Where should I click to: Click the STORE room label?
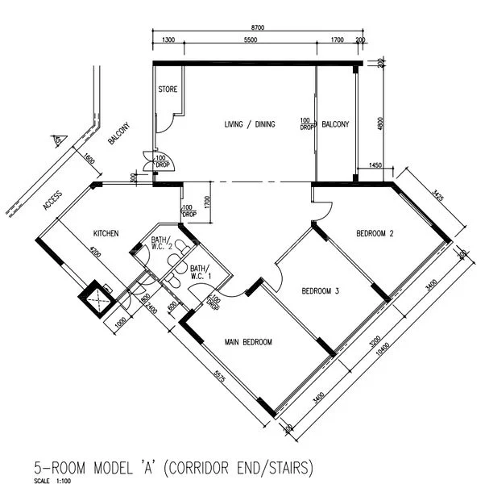(167, 90)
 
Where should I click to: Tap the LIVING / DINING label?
(249, 124)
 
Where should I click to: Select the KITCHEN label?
(106, 234)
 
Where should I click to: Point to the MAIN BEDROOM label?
(248, 342)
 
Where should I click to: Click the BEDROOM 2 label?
(375, 235)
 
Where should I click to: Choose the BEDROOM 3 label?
(319, 291)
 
